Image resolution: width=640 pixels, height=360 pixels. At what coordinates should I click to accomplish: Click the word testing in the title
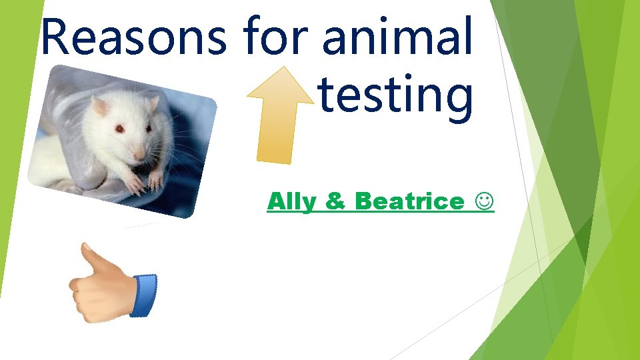[395, 95]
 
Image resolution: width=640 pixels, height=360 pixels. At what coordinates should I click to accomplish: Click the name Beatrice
[409, 201]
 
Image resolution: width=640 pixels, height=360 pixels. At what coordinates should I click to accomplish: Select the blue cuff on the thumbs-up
[144, 295]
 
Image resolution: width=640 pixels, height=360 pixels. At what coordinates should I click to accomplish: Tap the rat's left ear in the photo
[100, 105]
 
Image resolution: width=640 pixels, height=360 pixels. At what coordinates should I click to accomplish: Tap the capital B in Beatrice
[364, 201]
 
